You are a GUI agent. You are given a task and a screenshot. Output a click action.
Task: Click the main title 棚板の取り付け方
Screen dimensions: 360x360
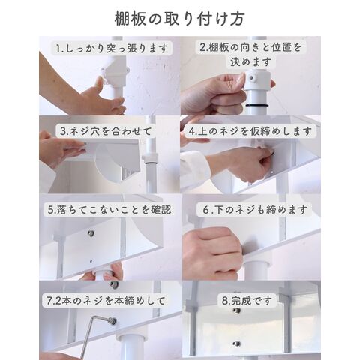(x=179, y=19)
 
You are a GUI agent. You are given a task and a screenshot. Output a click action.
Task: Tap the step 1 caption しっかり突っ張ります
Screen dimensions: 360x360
(x=112, y=48)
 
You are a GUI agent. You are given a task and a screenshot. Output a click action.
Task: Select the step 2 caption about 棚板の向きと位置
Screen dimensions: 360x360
(x=250, y=55)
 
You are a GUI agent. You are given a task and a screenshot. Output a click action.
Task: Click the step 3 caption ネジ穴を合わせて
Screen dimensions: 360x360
(x=106, y=131)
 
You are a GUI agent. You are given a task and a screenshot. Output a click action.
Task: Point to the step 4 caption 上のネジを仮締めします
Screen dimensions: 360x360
(x=250, y=131)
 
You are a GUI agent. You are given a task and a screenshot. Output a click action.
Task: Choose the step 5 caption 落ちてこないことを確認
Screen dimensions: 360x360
(x=109, y=210)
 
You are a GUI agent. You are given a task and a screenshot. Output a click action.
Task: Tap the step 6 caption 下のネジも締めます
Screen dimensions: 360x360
(x=255, y=210)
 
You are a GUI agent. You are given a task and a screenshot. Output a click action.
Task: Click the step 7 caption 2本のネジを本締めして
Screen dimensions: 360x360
(x=106, y=301)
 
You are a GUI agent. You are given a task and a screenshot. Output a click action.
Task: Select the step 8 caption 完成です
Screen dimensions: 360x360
(x=247, y=301)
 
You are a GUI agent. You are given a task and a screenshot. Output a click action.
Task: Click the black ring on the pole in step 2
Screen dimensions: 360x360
(x=257, y=106)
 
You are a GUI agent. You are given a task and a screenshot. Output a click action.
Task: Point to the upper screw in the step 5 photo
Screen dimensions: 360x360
(x=91, y=233)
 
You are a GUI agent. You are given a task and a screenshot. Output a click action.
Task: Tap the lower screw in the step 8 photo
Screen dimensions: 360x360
(x=235, y=343)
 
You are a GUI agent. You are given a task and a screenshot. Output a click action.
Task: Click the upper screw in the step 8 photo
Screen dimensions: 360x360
(x=236, y=310)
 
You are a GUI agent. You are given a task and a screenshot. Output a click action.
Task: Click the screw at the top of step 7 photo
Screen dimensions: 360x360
(x=115, y=284)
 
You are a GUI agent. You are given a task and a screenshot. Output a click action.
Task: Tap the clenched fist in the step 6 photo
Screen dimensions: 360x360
(x=212, y=253)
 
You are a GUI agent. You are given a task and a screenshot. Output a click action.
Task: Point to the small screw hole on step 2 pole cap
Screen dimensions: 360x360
(x=250, y=78)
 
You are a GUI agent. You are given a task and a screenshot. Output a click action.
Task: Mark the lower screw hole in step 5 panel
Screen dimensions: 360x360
(x=91, y=262)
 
